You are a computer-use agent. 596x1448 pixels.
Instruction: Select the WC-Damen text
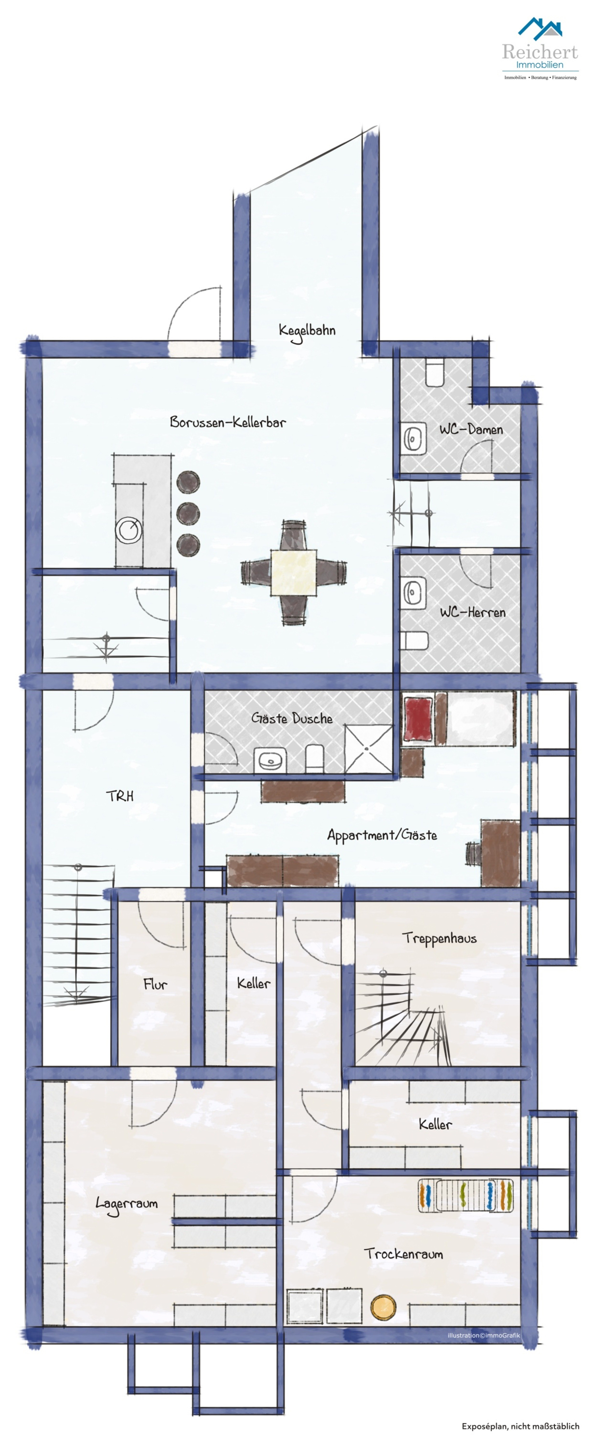tap(471, 429)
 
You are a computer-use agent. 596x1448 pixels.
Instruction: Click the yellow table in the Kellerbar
tap(293, 572)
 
